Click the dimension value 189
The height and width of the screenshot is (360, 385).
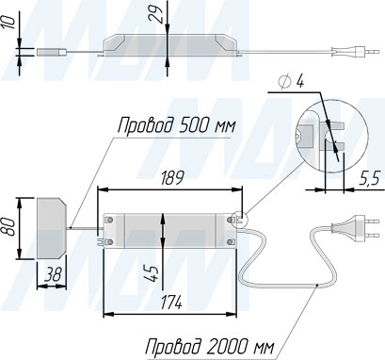coord(171,178)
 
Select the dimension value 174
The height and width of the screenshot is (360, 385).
coord(171,303)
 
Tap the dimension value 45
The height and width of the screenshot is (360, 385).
coord(152,273)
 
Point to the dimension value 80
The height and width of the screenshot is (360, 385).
coord(8,227)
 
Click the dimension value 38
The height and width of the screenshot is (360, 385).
coord(52,275)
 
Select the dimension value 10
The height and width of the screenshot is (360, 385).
coord(9,23)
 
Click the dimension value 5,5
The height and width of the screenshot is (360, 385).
coord(369,179)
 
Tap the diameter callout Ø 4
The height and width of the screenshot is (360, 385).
coord(291,82)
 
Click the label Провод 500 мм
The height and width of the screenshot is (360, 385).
coord(176,125)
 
